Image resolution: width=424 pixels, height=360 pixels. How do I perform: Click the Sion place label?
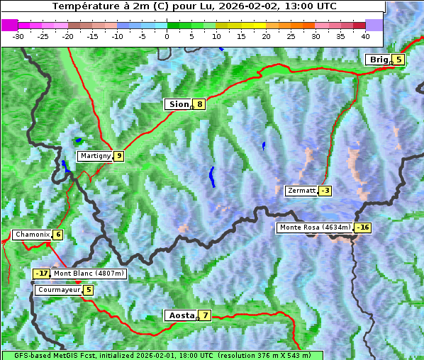[x=178, y=104]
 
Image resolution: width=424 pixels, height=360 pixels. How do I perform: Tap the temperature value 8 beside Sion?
[x=200, y=104]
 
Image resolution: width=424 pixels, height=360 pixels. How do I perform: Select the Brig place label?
[x=378, y=60]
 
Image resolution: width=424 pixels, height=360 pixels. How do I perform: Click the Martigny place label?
[x=95, y=156]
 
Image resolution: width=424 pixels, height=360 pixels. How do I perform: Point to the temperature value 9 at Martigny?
[x=118, y=156]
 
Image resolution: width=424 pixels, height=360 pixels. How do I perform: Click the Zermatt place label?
[x=301, y=191]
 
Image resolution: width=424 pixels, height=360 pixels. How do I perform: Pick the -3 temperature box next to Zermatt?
[x=325, y=191]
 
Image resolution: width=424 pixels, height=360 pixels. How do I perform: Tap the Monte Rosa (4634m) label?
[x=315, y=227]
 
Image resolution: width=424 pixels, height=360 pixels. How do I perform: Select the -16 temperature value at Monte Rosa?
[x=363, y=227]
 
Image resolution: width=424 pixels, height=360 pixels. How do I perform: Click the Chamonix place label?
[x=31, y=235]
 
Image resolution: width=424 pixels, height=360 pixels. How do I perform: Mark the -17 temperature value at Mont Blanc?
[x=42, y=274]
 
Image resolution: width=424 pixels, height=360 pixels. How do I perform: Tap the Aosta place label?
[x=180, y=315]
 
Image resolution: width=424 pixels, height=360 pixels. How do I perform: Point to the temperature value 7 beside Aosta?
[x=205, y=315]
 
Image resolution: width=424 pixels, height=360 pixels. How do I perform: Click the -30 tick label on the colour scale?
[x=18, y=35]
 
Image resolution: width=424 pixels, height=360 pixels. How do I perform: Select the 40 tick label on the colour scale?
[x=365, y=35]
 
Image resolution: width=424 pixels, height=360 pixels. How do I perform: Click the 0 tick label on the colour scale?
[x=167, y=35]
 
